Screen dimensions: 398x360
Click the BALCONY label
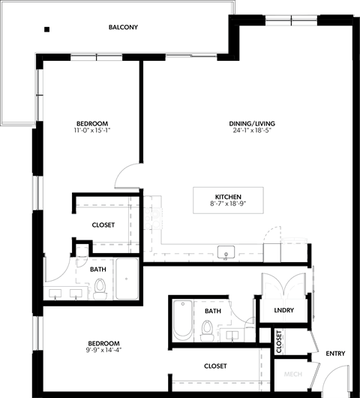pyautogui.click(x=123, y=28)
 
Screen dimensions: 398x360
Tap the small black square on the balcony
pyautogui.click(x=46, y=29)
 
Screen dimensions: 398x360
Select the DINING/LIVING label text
pyautogui.click(x=252, y=123)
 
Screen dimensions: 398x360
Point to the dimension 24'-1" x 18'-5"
pyautogui.click(x=252, y=131)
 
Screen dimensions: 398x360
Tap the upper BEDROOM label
pyautogui.click(x=93, y=123)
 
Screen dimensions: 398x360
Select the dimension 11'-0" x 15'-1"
pyautogui.click(x=93, y=131)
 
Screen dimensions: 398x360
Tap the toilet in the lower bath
pyautogui.click(x=207, y=328)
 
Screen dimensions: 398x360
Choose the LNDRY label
pyautogui.click(x=284, y=310)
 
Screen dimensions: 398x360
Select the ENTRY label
pyautogui.click(x=335, y=354)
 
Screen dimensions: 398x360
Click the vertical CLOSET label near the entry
pyautogui.click(x=278, y=342)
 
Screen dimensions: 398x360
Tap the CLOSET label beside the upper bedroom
pyautogui.click(x=103, y=225)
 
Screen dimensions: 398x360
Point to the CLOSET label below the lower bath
pyautogui.click(x=215, y=366)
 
